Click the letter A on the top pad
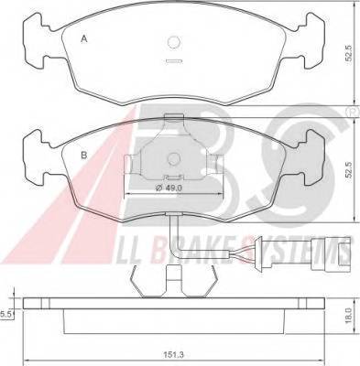click(x=84, y=39)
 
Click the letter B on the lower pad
click(x=84, y=156)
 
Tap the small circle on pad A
click(x=174, y=42)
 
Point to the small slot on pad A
click(x=174, y=61)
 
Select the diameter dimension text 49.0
click(x=169, y=188)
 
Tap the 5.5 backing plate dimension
click(x=6, y=314)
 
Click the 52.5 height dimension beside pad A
click(x=349, y=54)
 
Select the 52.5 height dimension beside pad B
click(x=349, y=170)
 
